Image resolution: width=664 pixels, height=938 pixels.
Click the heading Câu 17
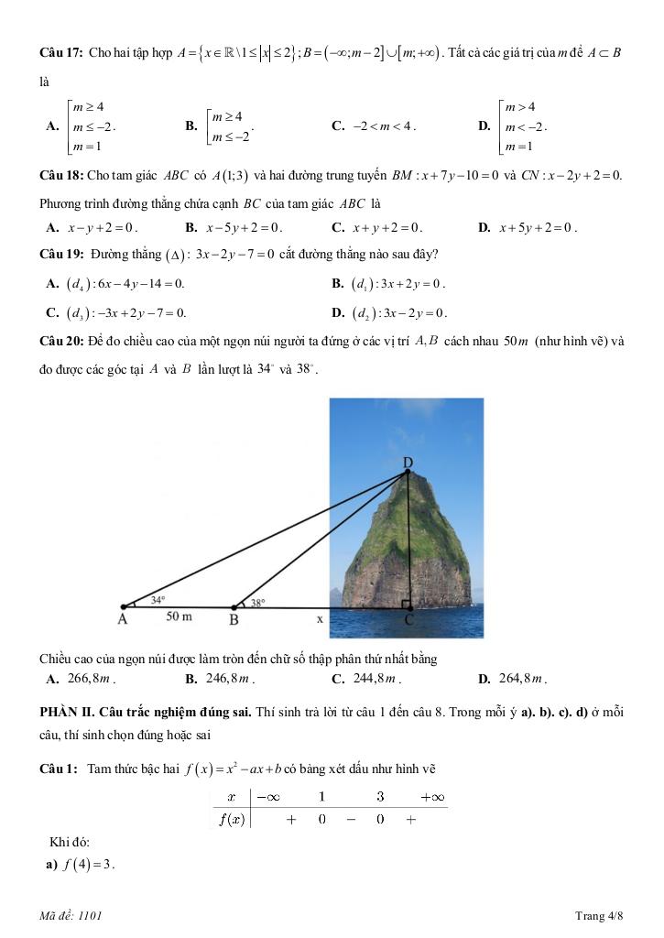(x=61, y=52)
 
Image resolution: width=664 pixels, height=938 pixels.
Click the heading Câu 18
(x=61, y=174)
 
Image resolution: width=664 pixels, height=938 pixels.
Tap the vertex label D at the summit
(x=408, y=463)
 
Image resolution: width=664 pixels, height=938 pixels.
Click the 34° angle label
(x=158, y=600)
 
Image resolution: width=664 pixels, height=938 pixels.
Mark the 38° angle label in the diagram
(x=257, y=603)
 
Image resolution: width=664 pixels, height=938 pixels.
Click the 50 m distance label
(x=180, y=617)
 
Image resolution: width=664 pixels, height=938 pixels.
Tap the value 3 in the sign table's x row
(x=380, y=797)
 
